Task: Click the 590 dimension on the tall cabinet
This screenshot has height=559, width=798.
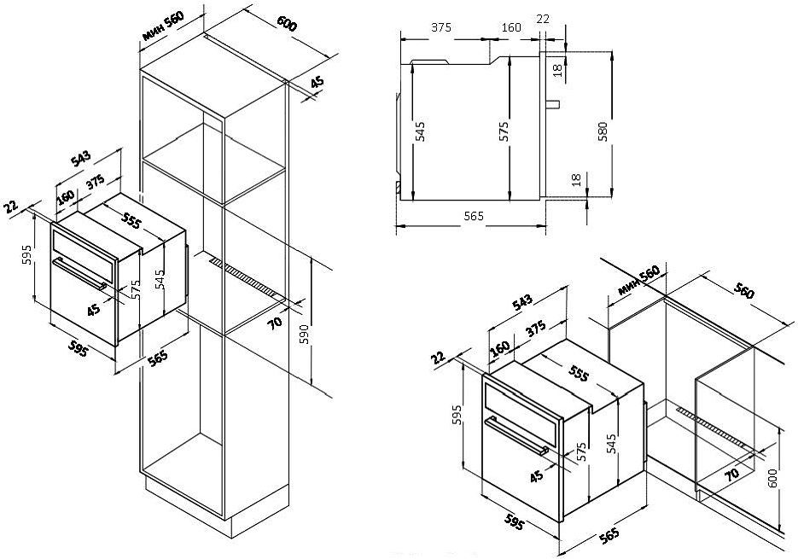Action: tap(304, 331)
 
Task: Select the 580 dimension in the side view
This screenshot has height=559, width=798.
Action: tap(603, 131)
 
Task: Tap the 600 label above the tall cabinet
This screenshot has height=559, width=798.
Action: tap(287, 23)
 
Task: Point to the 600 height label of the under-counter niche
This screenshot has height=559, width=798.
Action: tap(772, 479)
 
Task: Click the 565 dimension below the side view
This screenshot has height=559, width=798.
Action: tap(474, 217)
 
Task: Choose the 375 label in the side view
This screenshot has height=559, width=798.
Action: tap(440, 27)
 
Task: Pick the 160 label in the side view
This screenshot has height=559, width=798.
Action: tap(511, 27)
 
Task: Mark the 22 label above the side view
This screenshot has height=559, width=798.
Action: tap(543, 18)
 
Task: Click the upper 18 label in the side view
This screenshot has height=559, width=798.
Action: tap(558, 70)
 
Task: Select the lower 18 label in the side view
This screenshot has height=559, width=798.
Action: tap(576, 180)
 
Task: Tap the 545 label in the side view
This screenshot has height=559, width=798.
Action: tap(419, 131)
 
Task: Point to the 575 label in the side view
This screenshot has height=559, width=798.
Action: tap(504, 131)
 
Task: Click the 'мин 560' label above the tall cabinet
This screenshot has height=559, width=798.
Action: tap(163, 25)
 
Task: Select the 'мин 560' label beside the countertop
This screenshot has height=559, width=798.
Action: tap(638, 280)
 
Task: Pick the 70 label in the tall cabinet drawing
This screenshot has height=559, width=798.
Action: tap(275, 323)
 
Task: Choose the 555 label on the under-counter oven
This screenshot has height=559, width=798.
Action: tap(578, 374)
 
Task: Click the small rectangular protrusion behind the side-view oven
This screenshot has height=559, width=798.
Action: tap(553, 104)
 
